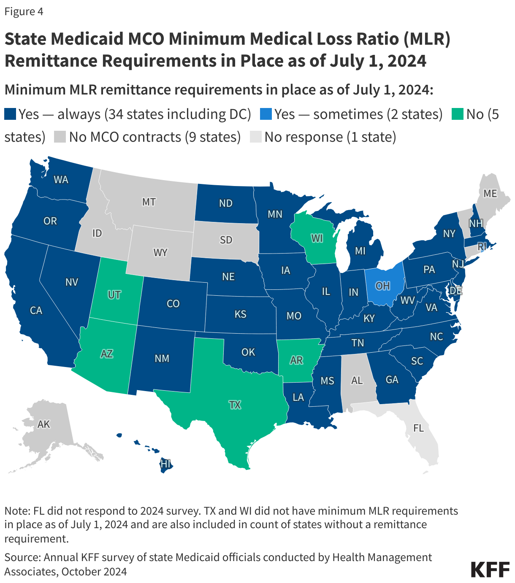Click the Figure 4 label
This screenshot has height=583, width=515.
coord(24,11)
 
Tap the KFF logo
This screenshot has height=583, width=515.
coord(490,570)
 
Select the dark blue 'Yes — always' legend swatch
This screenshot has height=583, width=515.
coord(10,114)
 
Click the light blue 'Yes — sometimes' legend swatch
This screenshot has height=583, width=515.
coord(266,114)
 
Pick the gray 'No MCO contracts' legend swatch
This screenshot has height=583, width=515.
coord(60,137)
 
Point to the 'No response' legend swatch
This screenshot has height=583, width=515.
coord(256,137)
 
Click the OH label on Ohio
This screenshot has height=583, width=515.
coord(382,286)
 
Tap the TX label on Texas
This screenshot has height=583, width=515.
coord(235,405)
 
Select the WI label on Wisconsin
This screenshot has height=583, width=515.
coord(317,238)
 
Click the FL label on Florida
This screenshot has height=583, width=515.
coord(418,428)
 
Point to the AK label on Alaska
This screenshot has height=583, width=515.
coord(44,424)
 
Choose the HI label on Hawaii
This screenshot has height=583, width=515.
coord(165,464)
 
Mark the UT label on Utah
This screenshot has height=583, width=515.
coord(114,294)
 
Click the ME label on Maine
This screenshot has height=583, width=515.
coord(490,194)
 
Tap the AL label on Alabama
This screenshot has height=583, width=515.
coord(357,380)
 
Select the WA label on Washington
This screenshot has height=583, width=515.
coord(61,180)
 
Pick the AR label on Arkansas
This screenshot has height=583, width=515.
coord(296,360)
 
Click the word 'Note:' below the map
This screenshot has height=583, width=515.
coord(17,511)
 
